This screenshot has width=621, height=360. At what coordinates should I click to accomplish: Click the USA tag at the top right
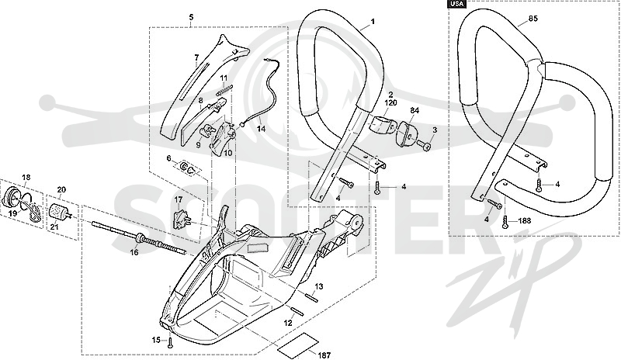pyautogui.click(x=457, y=4)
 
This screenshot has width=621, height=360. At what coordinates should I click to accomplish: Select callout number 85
pyautogui.click(x=533, y=19)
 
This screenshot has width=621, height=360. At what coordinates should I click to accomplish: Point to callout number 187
pyautogui.click(x=324, y=355)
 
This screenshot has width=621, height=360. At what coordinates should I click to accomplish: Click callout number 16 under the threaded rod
pyautogui.click(x=134, y=252)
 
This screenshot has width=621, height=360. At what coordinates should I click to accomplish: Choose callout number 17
pyautogui.click(x=178, y=199)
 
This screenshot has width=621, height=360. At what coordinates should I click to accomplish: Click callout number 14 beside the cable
pyautogui.click(x=261, y=129)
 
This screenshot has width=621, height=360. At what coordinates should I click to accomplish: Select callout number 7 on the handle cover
pyautogui.click(x=196, y=58)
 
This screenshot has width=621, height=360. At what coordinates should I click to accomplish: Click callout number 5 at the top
pyautogui.click(x=191, y=17)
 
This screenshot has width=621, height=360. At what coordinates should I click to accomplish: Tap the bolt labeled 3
pyautogui.click(x=425, y=146)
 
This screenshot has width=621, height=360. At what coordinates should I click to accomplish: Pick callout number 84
pyautogui.click(x=415, y=109)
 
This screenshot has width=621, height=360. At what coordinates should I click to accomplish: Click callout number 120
pyautogui.click(x=390, y=102)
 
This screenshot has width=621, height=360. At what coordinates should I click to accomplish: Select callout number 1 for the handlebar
pyautogui.click(x=373, y=22)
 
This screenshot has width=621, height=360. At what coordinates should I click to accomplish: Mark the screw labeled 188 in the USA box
pyautogui.click(x=506, y=221)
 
